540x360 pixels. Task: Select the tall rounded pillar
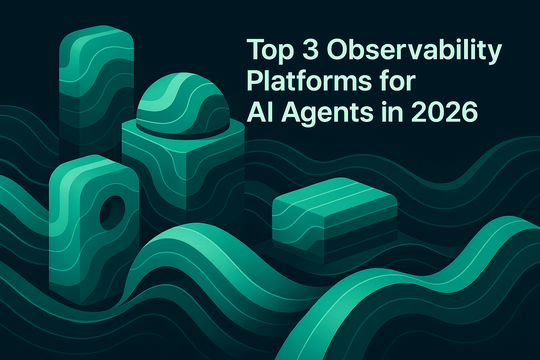pyautogui.click(x=97, y=90)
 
